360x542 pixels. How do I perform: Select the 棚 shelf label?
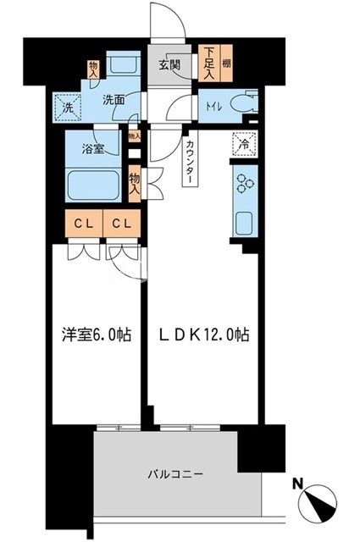coord(226,63)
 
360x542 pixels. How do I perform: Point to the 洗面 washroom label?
coord(114,99)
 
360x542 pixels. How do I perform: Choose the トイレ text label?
coord(213,107)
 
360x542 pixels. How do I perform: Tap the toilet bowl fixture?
coord(243,107)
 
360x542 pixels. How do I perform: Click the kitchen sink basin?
coord(242,224)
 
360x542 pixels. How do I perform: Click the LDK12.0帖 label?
coord(203,335)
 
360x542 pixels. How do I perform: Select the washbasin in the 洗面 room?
coord(127,65)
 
